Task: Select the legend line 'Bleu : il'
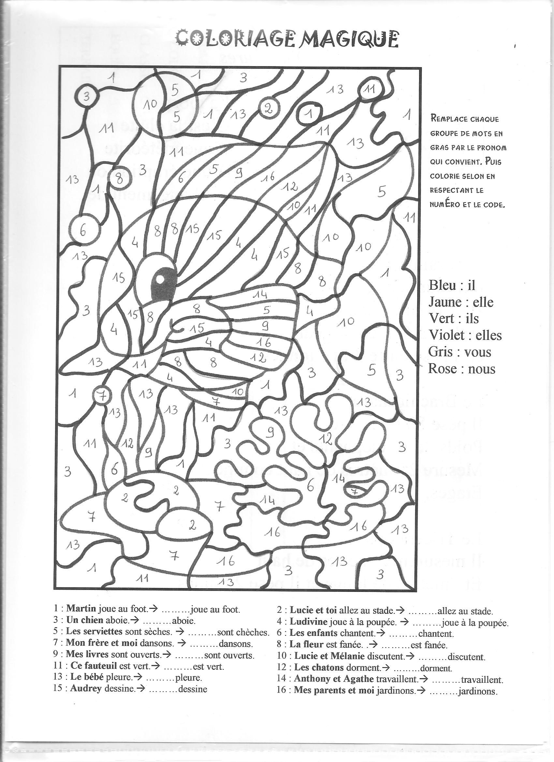[x=452, y=285]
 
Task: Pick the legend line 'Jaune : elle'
[x=460, y=302]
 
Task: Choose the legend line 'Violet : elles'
[x=465, y=335]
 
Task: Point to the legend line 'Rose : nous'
[x=461, y=369]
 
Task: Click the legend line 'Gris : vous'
[x=459, y=352]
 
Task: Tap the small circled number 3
[x=87, y=97]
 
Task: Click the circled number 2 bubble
[x=268, y=108]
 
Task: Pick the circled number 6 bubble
[x=82, y=231]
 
